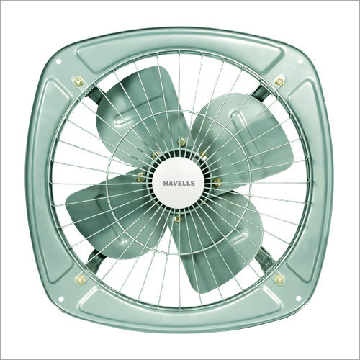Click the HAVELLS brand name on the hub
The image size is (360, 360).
tap(179, 184)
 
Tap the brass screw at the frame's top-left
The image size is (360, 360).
tap(78, 81)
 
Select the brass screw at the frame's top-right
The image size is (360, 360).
tap(279, 81)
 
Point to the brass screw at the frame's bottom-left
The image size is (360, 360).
tap(79, 280)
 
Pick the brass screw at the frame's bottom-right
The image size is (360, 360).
tap(279, 279)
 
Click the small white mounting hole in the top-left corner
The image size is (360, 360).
tap(58, 62)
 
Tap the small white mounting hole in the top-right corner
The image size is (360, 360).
tap(300, 62)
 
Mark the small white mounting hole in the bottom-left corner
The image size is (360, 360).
tap(60, 299)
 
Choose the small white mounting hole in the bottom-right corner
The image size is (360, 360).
tap(299, 298)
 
